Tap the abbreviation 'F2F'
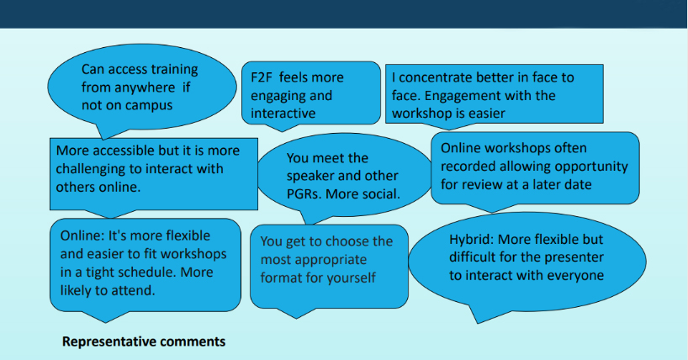pos(261,77)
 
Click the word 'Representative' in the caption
pos(108,341)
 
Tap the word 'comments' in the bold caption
pos(192,341)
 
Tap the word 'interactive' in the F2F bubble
pos(283,114)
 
